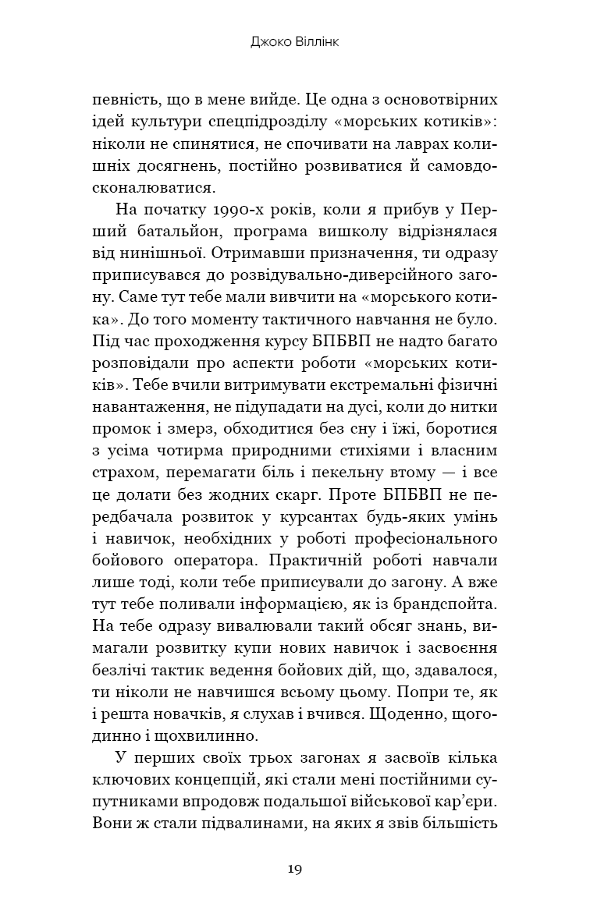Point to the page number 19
coord(295,870)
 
